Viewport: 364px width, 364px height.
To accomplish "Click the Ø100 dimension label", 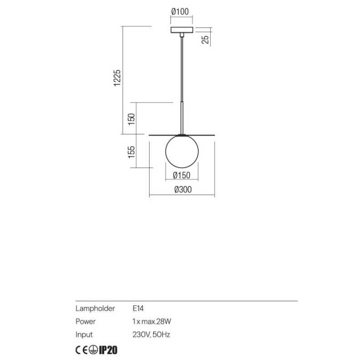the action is (x=180, y=11).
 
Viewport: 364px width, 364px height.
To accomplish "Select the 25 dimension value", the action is (x=205, y=40).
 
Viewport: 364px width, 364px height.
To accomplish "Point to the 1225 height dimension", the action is (x=117, y=78).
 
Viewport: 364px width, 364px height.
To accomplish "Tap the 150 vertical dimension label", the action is (x=131, y=119).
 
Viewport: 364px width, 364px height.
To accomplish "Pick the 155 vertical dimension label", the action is (x=131, y=152).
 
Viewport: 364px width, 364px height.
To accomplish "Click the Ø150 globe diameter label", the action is (x=182, y=175).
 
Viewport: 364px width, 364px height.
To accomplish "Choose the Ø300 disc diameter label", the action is (x=183, y=190).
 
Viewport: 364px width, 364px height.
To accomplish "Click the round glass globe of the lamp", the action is (x=182, y=152).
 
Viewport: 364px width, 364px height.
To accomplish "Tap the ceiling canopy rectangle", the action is (x=182, y=30).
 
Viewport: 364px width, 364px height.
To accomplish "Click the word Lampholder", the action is (x=95, y=308).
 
